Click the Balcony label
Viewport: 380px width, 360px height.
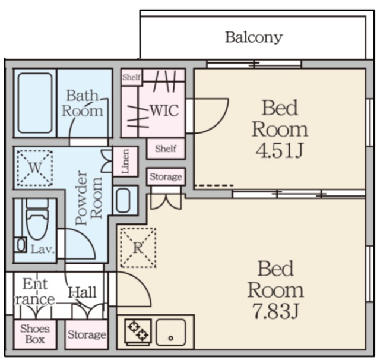254,37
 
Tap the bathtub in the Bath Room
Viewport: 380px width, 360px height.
35,103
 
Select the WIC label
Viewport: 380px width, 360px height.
164,110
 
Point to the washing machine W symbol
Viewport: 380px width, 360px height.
35,168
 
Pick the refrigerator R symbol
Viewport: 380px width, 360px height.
138,248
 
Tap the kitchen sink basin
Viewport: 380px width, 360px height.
171,332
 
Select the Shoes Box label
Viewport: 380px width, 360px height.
35,334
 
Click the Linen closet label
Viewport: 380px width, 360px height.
125,161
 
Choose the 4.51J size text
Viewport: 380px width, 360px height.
280,150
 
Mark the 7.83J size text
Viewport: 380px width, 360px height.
275,311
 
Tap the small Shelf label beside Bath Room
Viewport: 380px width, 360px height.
131,77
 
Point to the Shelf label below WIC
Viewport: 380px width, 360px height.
166,149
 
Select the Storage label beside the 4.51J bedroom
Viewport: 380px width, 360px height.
166,176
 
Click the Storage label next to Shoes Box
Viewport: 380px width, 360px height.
87,334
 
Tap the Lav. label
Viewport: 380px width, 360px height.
43,249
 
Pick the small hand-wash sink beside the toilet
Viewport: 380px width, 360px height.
21,245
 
